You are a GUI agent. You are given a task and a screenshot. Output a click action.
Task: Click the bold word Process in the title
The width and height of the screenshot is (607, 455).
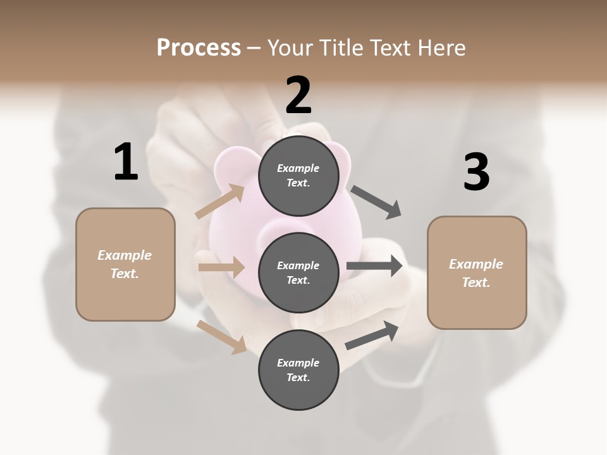click(x=199, y=47)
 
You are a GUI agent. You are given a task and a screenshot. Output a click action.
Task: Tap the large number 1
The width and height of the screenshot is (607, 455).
click(x=126, y=162)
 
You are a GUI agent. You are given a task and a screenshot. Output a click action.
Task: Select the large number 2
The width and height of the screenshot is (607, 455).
click(x=298, y=95)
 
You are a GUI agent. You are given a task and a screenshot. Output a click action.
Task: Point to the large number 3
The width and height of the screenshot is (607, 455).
click(x=476, y=172)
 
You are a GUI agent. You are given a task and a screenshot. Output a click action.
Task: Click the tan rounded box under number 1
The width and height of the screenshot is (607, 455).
click(x=125, y=297)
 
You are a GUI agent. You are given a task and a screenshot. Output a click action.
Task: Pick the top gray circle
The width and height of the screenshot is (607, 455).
click(x=298, y=175)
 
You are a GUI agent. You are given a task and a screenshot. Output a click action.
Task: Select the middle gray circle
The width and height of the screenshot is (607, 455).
click(x=298, y=272)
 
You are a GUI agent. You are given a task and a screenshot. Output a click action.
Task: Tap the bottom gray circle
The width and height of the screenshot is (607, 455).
click(x=298, y=370)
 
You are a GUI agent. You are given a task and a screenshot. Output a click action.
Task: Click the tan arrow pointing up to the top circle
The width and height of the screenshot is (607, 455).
click(x=221, y=202)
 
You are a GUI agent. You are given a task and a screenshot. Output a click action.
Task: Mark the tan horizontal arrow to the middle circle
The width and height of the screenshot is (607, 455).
click(x=221, y=267)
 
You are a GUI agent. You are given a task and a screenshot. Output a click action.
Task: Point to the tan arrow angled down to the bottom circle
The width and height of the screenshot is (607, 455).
click(x=222, y=336)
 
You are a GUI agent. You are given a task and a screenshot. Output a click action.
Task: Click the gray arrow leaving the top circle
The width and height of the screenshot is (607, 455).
click(x=376, y=202)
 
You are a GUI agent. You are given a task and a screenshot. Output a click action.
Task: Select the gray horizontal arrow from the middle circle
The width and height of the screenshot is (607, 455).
click(x=374, y=266)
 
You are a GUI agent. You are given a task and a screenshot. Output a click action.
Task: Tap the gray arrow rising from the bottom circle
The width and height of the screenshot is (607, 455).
click(x=372, y=335)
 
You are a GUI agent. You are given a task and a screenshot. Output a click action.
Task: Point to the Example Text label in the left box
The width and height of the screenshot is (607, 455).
click(x=125, y=264)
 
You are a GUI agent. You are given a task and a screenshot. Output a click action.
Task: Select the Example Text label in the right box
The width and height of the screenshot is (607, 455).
click(x=476, y=273)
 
